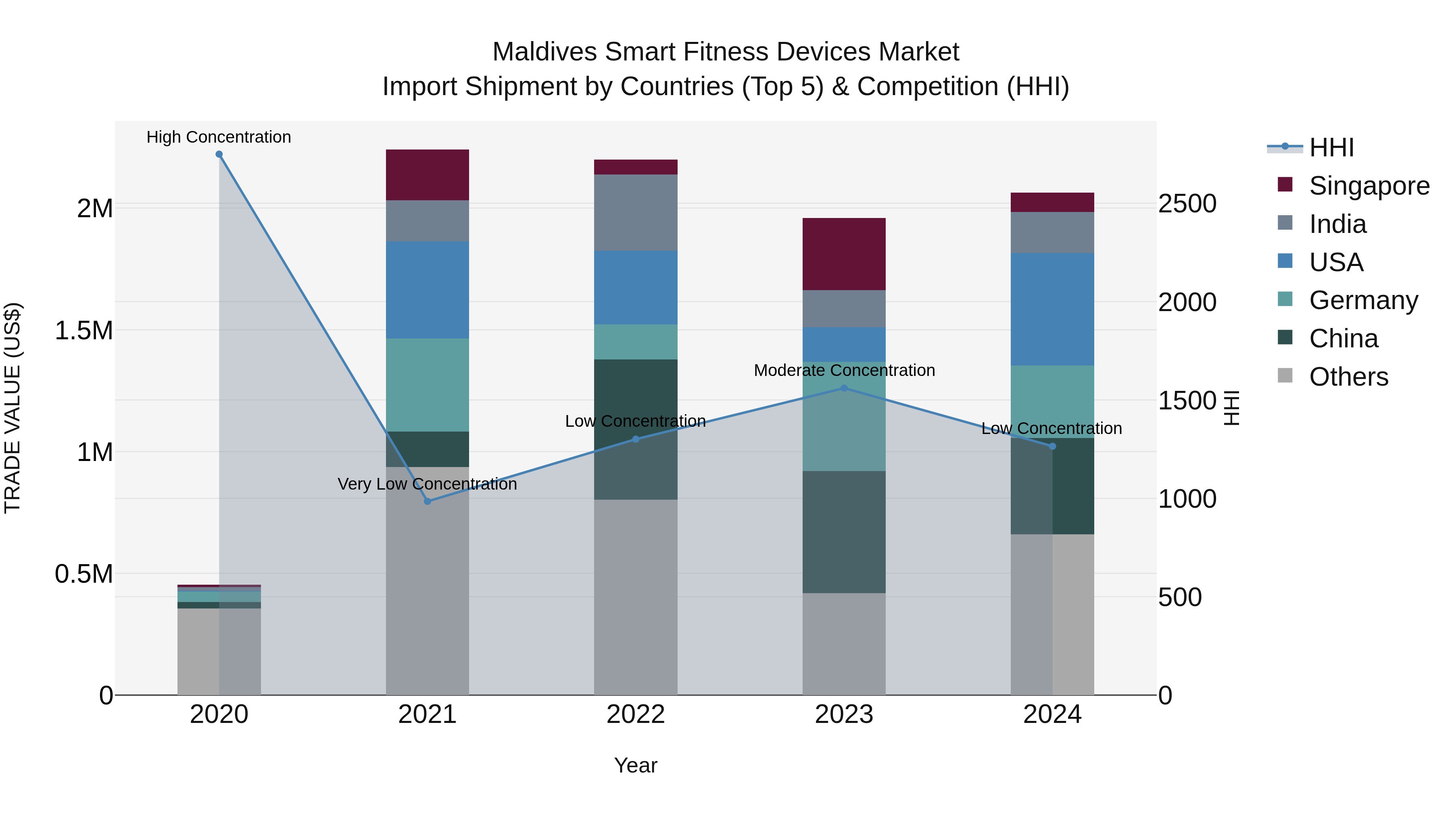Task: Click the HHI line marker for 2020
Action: click(x=219, y=154)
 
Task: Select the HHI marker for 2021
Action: click(x=427, y=501)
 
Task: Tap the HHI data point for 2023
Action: click(x=844, y=388)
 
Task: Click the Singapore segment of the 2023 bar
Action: click(x=844, y=254)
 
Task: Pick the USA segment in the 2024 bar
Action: click(x=1052, y=309)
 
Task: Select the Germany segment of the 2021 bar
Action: click(x=427, y=385)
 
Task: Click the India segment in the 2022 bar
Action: click(x=635, y=212)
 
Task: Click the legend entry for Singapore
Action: click(x=1369, y=186)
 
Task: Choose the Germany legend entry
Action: click(x=1363, y=300)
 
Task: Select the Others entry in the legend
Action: click(x=1348, y=377)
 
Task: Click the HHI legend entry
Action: click(x=1331, y=147)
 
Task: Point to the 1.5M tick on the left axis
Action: click(x=84, y=330)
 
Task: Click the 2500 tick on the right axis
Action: click(x=1187, y=204)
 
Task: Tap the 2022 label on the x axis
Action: click(x=635, y=714)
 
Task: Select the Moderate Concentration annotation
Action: click(x=844, y=371)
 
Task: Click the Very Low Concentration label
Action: click(x=427, y=484)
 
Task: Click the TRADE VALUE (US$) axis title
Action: click(x=13, y=408)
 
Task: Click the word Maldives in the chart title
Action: click(x=544, y=52)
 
